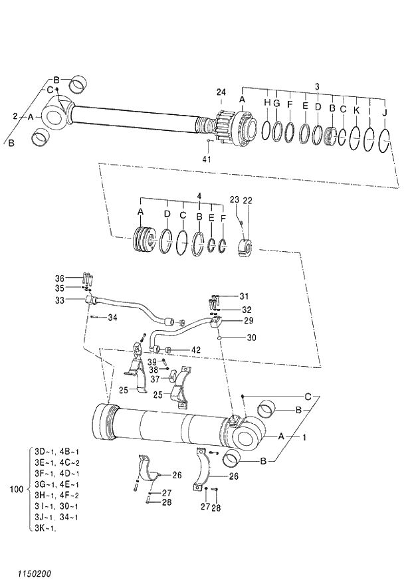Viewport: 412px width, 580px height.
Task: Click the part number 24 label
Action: pos(221,92)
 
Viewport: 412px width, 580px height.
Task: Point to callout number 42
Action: pos(196,350)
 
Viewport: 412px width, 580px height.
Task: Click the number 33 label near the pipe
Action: pos(60,300)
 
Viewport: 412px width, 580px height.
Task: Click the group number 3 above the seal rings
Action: pos(317,87)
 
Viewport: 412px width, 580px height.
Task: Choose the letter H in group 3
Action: pos(267,103)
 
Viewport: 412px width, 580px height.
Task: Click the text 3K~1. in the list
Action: pos(45,528)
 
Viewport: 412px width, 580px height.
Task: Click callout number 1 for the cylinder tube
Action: pos(305,437)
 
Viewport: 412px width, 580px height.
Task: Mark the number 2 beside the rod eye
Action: pos(15,116)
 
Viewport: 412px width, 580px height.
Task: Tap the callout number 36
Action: pos(60,278)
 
